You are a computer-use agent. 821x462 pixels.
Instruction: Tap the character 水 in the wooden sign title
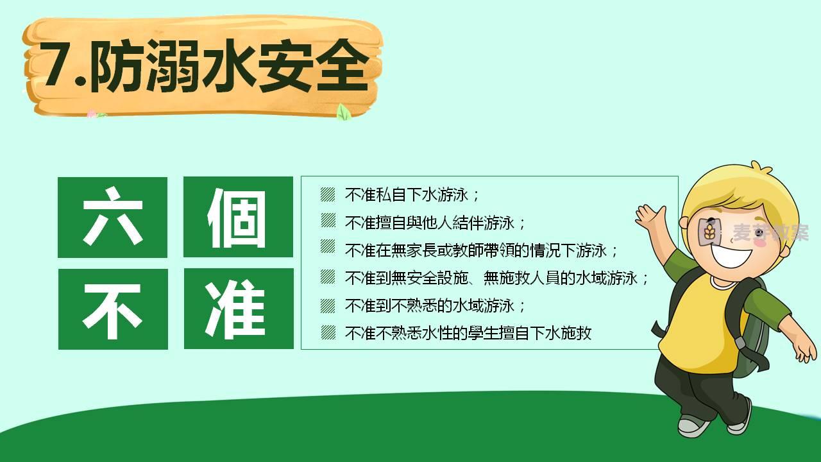point(228,66)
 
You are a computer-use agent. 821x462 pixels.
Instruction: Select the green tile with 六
point(112,218)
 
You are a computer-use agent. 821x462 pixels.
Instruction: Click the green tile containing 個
point(238,217)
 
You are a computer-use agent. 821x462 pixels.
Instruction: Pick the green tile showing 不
point(113,309)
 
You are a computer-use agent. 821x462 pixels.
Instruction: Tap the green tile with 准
point(239,309)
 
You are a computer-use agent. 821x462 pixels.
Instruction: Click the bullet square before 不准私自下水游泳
point(328,194)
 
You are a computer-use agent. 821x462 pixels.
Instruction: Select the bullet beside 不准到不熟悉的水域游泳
point(328,305)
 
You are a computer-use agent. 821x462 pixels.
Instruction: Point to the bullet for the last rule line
point(328,333)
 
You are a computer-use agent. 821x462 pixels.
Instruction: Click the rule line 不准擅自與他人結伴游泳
point(435,223)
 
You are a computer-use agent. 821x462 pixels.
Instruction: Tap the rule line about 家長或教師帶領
point(481,250)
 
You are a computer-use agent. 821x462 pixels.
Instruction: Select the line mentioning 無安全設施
point(496,278)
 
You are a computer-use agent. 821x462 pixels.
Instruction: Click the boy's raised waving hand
point(651,216)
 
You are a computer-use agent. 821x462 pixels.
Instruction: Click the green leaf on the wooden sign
point(343,112)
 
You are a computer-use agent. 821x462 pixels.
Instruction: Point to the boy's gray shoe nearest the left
point(693,426)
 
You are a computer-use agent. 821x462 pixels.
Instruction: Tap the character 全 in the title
point(343,66)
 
